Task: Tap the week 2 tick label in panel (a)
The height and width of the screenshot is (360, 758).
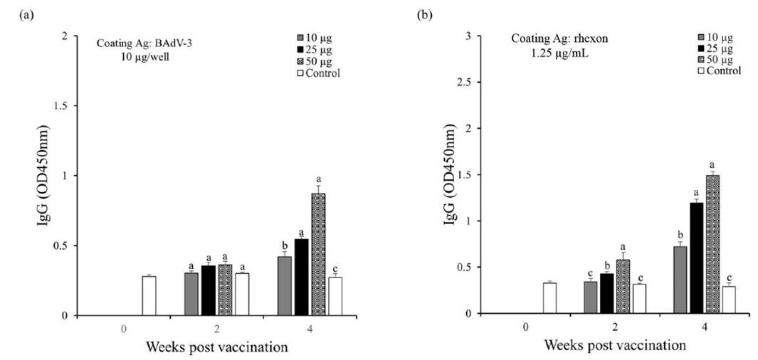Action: (x=230, y=329)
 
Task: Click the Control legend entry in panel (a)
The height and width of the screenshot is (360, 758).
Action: (x=320, y=73)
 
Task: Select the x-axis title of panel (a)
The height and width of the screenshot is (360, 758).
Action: (x=216, y=347)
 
